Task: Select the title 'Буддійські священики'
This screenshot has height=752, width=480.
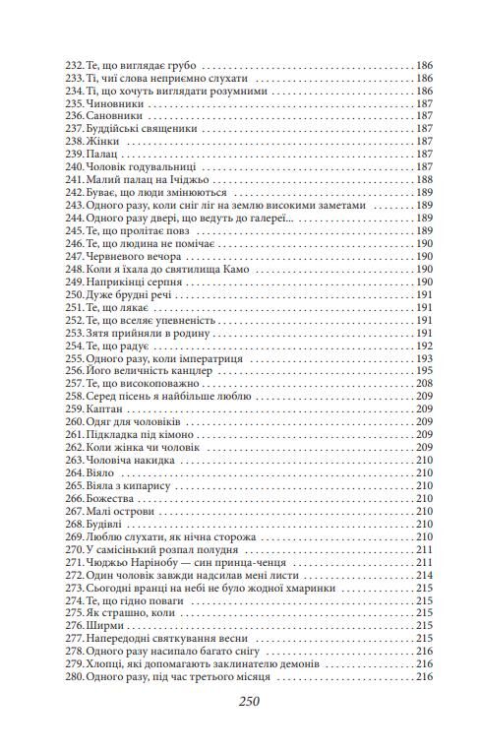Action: pyautogui.click(x=142, y=127)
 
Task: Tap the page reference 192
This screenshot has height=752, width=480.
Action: pyautogui.click(x=425, y=346)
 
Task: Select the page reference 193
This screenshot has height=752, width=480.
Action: pyautogui.click(x=425, y=359)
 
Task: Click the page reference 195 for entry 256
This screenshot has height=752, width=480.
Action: pyautogui.click(x=425, y=372)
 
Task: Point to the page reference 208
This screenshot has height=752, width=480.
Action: pyautogui.click(x=425, y=385)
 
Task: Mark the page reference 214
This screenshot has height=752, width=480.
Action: pyautogui.click(x=425, y=577)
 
